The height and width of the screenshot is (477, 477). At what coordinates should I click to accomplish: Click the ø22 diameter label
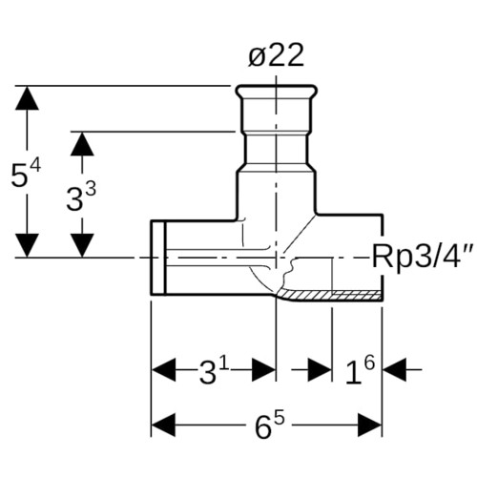click(276, 55)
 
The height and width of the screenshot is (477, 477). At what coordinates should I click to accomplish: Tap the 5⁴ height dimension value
click(26, 175)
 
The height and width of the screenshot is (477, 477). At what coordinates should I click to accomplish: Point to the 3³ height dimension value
click(81, 197)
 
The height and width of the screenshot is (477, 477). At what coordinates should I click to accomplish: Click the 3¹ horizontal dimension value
click(214, 370)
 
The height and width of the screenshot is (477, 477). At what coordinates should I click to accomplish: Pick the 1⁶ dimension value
click(360, 370)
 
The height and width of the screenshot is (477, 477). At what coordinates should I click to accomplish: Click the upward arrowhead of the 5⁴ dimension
click(27, 98)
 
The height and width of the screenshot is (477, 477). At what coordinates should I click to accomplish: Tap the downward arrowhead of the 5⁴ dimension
click(27, 245)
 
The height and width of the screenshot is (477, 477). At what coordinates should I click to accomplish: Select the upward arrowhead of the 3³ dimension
click(82, 144)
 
